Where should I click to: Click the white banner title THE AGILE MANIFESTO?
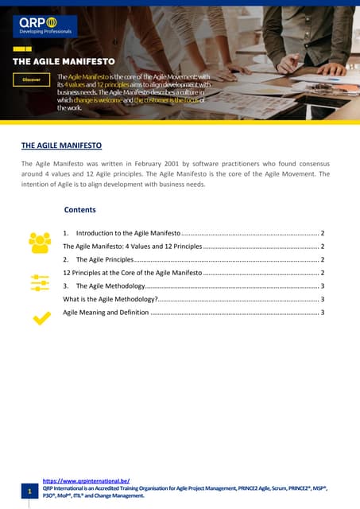pos(64,60)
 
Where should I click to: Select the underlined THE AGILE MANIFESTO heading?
pos(61,146)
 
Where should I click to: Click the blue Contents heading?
pos(79,210)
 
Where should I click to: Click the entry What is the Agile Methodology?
pos(110,299)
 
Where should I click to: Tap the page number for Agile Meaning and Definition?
pos(322,313)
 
